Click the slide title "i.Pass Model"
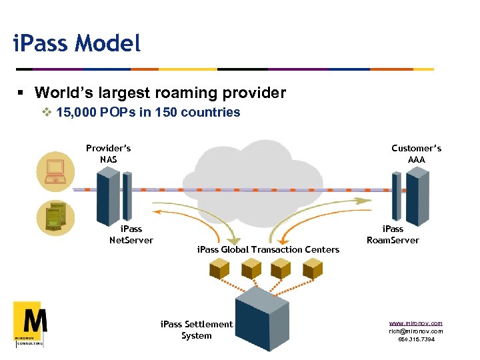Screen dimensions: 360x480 click(77, 44)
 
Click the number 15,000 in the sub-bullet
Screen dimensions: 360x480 click(77, 112)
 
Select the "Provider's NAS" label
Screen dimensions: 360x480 click(108, 153)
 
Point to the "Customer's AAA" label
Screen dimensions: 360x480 click(416, 153)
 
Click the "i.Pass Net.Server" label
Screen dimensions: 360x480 click(131, 235)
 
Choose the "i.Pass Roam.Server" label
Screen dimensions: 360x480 click(393, 235)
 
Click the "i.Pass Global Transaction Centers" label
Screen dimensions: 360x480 click(268, 249)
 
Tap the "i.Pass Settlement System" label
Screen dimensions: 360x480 click(197, 330)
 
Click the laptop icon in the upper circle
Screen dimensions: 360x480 click(55, 171)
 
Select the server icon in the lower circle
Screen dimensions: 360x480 click(55, 217)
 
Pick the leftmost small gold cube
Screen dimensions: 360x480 click(219, 268)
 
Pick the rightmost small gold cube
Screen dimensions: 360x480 click(312, 268)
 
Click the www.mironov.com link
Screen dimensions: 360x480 click(416, 323)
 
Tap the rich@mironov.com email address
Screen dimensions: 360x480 click(416, 331)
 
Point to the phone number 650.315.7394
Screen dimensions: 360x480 click(416, 339)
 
